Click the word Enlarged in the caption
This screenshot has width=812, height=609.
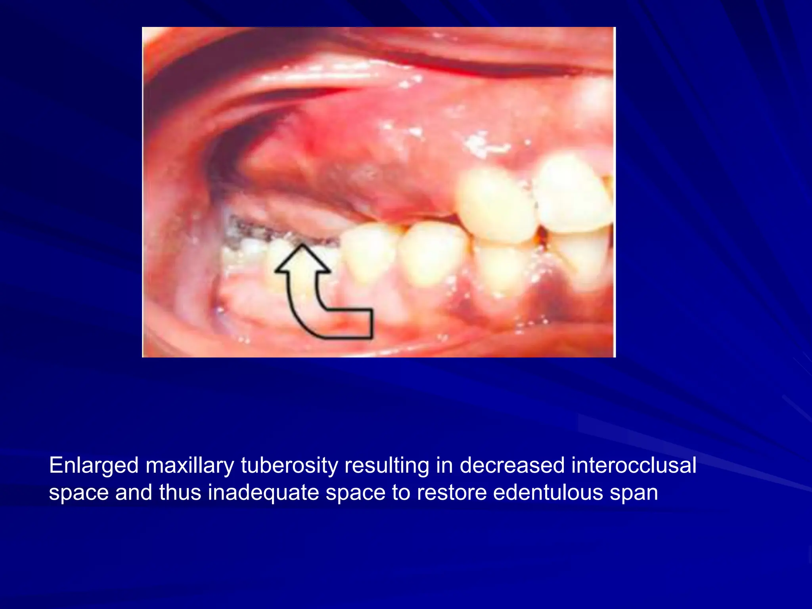point(94,465)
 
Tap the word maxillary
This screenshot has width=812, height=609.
point(190,465)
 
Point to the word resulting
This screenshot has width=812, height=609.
point(387,465)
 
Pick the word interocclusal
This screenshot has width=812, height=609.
point(634,465)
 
